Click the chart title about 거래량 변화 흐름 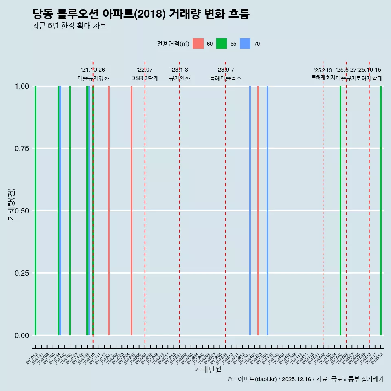coord(141,14)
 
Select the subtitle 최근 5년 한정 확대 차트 coord(69,26)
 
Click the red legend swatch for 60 coord(198,44)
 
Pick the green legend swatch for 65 coord(222,44)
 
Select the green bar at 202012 coord(36,211)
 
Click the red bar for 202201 coord(109,211)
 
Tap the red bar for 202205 coord(132,211)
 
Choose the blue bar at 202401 coord(250,211)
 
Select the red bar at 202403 coord(258,211)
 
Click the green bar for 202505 coord(340,211)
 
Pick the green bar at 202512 coord(381,211)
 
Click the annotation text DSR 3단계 coord(145,78)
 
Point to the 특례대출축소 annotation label coord(225,78)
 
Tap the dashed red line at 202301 coord(179,204)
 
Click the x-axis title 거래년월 coord(208,370)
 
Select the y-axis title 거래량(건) coord(11,204)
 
